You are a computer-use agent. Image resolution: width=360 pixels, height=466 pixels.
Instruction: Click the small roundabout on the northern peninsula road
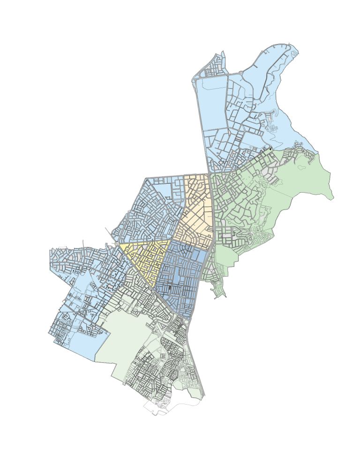(240, 73)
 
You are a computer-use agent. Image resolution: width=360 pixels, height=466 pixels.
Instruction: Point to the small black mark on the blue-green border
(270, 149)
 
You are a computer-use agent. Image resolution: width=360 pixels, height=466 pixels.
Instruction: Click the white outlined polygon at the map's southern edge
(155, 408)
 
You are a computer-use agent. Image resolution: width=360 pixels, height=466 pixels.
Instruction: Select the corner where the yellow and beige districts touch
(171, 241)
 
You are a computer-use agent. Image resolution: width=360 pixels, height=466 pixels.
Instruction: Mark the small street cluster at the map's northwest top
(216, 66)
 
